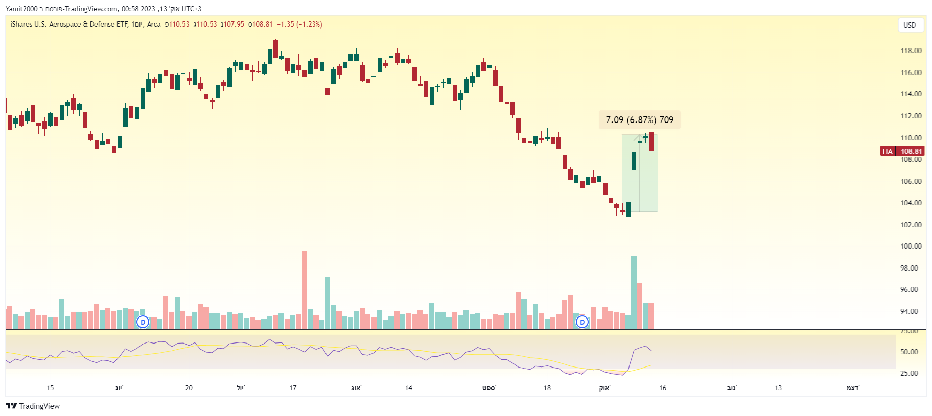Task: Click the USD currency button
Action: [x=910, y=25]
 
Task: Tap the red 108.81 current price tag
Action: [x=911, y=151]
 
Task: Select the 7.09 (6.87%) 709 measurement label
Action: [x=639, y=120]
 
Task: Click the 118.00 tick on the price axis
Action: [x=911, y=51]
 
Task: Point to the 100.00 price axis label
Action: [x=911, y=246]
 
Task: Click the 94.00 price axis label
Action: [x=911, y=311]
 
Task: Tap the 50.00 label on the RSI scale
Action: [x=909, y=352]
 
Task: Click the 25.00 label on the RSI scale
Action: [x=909, y=373]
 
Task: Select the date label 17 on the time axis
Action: [x=293, y=388]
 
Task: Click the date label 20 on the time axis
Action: [x=189, y=388]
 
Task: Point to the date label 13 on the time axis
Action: [x=778, y=388]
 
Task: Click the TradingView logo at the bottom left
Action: [x=33, y=406]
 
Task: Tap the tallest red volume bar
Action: [x=305, y=289]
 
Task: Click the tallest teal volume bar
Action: [x=634, y=292]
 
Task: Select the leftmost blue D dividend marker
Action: [x=143, y=322]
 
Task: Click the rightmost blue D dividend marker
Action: [x=582, y=322]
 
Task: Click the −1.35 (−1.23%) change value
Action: [x=299, y=24]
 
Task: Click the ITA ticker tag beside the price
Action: [x=888, y=151]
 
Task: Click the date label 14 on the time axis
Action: [x=409, y=388]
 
